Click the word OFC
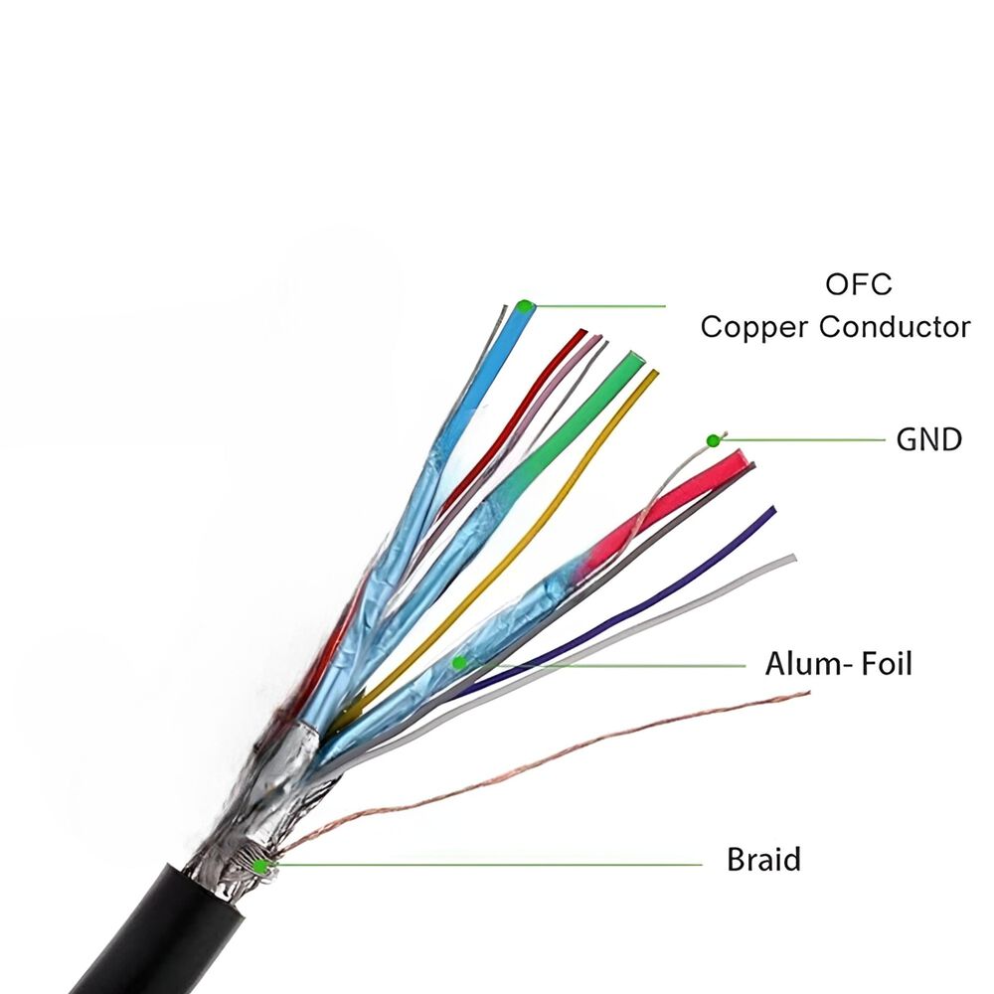[859, 284]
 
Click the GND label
[928, 439]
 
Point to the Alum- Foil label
[838, 663]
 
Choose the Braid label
[763, 860]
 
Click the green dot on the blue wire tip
[524, 305]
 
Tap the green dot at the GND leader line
[713, 440]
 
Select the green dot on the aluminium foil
[458, 662]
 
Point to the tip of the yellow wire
[652, 375]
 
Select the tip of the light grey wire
[791, 559]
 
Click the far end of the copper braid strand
[807, 694]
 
